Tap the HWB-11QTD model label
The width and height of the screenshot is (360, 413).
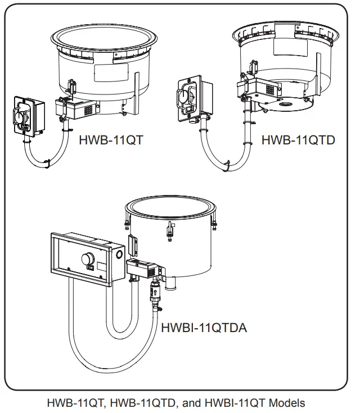tap(298, 139)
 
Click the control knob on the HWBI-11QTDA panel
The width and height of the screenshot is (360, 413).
tap(87, 259)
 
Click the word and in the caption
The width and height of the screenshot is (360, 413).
tap(193, 403)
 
